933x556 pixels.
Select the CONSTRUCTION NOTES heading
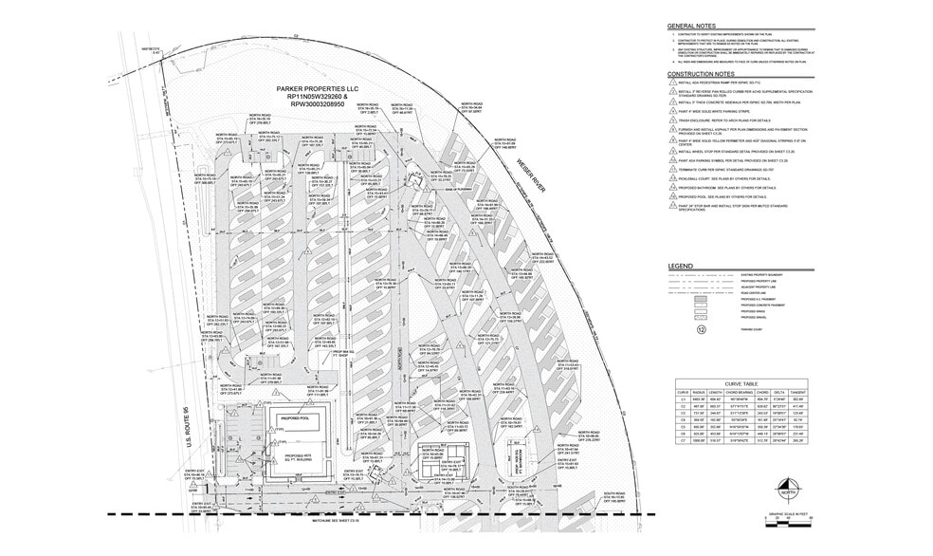coord(701,73)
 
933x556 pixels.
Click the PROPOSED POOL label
coord(294,417)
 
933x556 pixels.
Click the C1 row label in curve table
coord(681,398)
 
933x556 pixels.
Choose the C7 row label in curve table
coord(681,441)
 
